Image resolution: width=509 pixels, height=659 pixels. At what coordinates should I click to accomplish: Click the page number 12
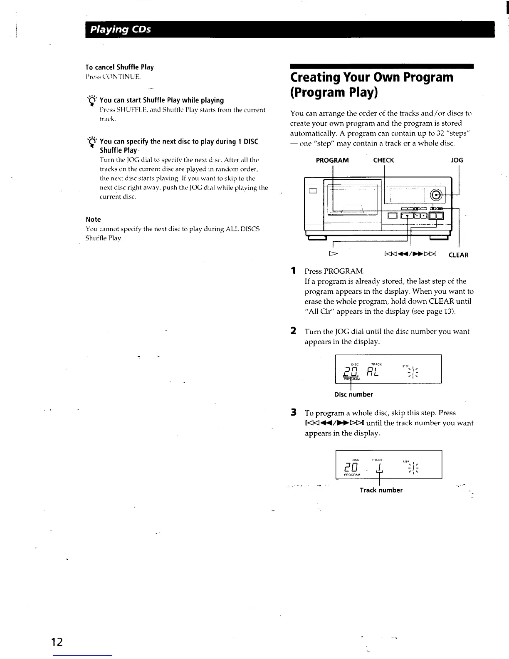coord(57,642)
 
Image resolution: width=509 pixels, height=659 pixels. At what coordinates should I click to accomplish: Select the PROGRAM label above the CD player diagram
coord(332,160)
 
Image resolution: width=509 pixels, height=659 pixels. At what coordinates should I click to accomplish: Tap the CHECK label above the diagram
coord(383,160)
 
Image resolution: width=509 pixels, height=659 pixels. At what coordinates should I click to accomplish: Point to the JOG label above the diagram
coord(457,160)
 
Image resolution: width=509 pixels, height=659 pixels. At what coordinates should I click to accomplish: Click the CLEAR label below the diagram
coord(458,255)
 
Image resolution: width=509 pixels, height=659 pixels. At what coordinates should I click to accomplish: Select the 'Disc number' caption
coord(353,394)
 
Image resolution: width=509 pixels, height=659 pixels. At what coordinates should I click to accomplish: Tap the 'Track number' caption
coord(381,490)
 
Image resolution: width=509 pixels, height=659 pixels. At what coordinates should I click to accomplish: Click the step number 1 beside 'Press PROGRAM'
coord(294,271)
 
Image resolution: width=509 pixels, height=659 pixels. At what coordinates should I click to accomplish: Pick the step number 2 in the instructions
coord(294,331)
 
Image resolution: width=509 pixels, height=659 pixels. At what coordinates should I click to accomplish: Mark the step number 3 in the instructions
coord(294,413)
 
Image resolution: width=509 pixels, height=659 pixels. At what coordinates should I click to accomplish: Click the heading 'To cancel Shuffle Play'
coord(119,67)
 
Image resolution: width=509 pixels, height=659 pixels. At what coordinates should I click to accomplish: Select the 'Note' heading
coord(93,219)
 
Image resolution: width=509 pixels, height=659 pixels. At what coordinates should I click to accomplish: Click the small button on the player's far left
coord(313,191)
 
